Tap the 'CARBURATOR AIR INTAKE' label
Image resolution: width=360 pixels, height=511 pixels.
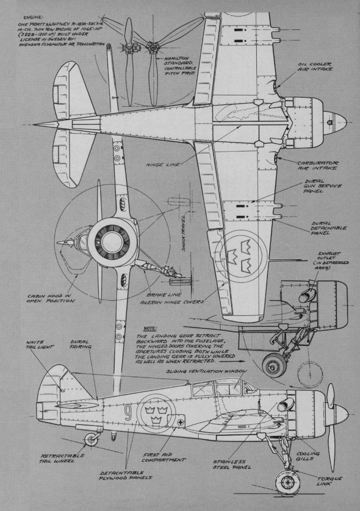(x=315, y=165)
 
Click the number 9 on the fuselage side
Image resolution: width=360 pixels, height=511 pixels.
(x=128, y=412)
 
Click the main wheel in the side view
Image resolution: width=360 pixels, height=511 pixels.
(x=288, y=482)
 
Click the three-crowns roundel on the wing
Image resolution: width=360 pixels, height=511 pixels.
(x=240, y=256)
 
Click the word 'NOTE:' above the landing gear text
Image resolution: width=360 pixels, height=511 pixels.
(x=150, y=328)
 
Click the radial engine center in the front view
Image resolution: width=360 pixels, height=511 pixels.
(x=112, y=242)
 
